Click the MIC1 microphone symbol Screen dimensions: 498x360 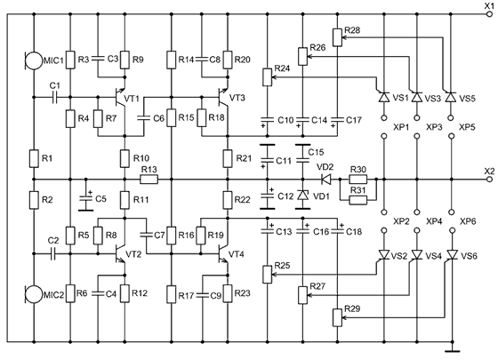click(33, 60)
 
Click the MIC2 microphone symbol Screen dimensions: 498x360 click(33, 294)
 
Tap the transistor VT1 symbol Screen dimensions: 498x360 click(120, 97)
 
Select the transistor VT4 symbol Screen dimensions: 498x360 click(223, 254)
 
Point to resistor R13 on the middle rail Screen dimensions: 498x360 click(149, 180)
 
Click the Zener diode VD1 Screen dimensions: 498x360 click(302, 195)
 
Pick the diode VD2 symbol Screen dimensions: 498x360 click(325, 180)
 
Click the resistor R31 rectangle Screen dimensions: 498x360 click(357, 200)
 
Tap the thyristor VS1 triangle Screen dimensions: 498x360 click(384, 97)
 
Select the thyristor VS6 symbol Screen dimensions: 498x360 click(452, 254)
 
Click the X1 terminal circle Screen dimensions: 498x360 click(489, 14)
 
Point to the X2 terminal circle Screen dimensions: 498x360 click(489, 180)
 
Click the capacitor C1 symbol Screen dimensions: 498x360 click(54, 97)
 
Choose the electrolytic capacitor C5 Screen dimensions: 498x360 click(85, 197)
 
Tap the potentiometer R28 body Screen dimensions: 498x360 click(337, 37)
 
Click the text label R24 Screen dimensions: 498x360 click(282, 68)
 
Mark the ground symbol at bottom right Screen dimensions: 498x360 click(453, 351)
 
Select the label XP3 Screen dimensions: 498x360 click(434, 127)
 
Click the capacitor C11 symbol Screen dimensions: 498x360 click(268, 159)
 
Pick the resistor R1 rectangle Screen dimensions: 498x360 click(34, 158)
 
